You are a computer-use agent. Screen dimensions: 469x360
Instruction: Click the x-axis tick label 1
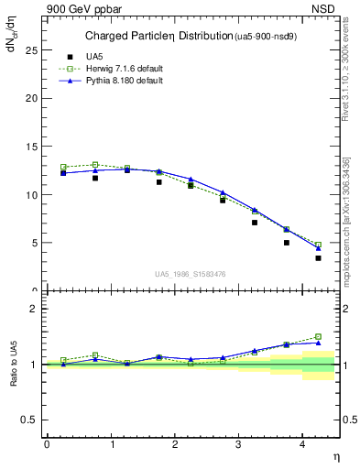point(113,444)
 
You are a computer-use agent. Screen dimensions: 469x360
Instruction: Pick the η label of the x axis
point(335,455)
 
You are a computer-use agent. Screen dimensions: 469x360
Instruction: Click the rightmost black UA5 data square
point(318,258)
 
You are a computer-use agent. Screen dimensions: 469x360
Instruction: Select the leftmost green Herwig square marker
point(63,168)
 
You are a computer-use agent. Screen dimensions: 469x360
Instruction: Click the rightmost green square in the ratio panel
point(318,336)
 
